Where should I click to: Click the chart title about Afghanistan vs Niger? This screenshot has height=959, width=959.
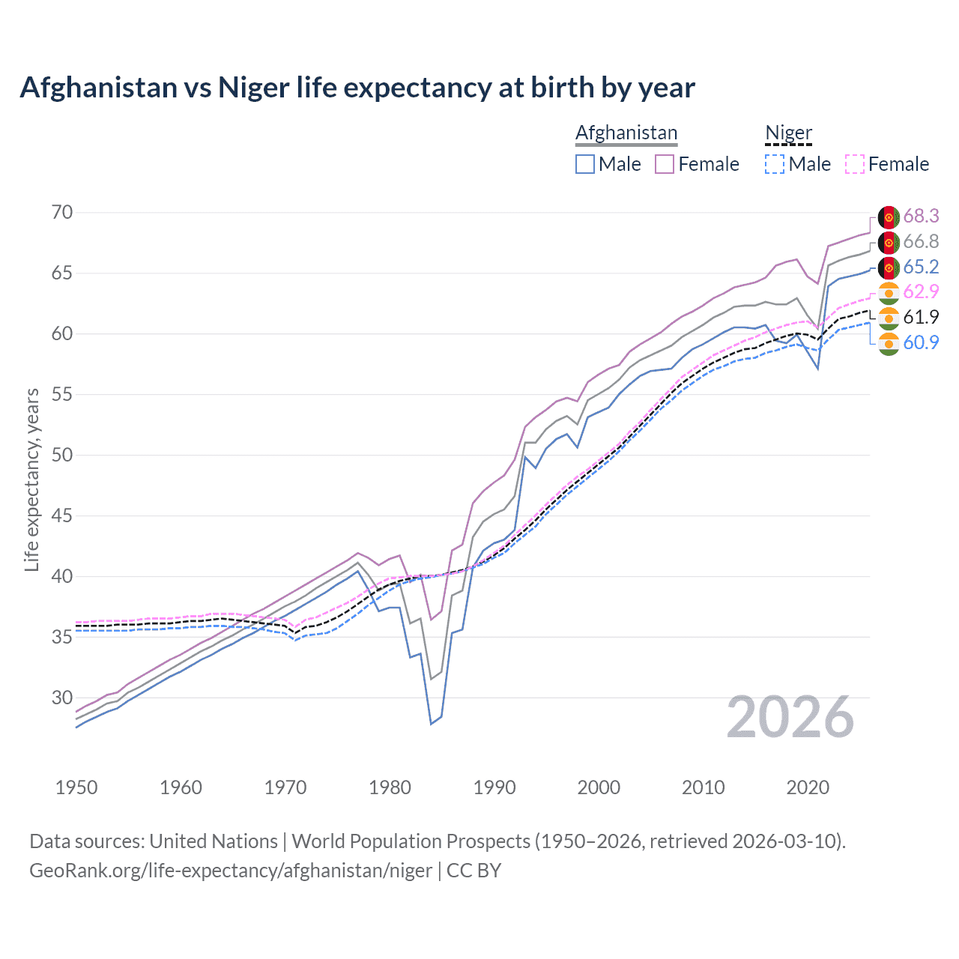click(x=357, y=88)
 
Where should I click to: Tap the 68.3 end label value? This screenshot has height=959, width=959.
click(x=921, y=217)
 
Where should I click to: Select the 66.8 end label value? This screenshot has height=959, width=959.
click(x=921, y=242)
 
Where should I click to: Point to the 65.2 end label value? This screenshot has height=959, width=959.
click(x=921, y=267)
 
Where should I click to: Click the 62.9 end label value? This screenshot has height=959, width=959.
click(x=921, y=292)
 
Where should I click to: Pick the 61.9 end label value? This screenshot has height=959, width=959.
click(x=921, y=318)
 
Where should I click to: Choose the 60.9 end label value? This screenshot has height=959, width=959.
click(x=921, y=343)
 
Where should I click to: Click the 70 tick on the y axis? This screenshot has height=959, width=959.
click(x=62, y=213)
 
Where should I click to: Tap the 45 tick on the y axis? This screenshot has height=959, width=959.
click(x=62, y=516)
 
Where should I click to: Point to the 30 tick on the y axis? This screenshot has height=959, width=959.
click(x=62, y=698)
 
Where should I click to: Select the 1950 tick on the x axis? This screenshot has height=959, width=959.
click(x=76, y=787)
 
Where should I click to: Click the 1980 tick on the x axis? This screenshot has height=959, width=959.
click(x=390, y=787)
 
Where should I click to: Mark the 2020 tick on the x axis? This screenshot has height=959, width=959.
click(x=808, y=787)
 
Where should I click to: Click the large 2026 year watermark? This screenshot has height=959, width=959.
click(x=790, y=718)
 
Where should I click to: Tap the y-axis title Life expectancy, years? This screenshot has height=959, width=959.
click(x=32, y=479)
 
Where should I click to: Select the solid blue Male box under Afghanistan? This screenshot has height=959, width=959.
click(x=585, y=164)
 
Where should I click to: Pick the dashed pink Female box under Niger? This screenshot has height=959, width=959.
click(x=855, y=164)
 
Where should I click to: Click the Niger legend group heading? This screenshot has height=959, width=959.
click(x=788, y=133)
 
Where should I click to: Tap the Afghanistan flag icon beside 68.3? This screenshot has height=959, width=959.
click(x=889, y=217)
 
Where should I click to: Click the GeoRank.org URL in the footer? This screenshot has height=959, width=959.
click(x=231, y=871)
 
